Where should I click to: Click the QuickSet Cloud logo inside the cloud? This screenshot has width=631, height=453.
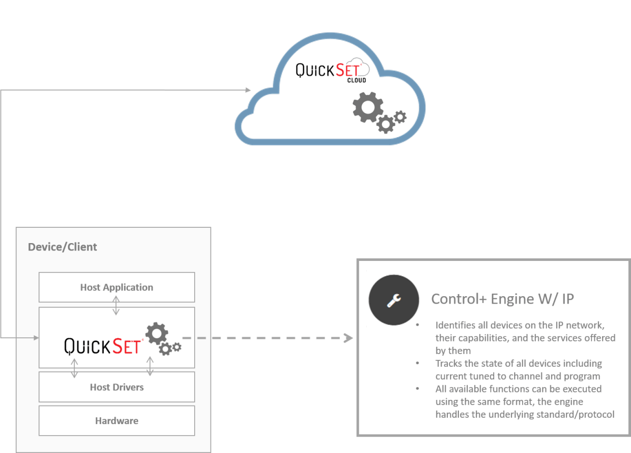click(x=332, y=70)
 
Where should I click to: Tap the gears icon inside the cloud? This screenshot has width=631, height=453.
click(x=379, y=112)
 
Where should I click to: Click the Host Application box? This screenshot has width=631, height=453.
click(x=117, y=287)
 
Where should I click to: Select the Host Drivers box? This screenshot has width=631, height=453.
click(x=117, y=387)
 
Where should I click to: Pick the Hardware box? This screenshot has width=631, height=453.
click(x=117, y=421)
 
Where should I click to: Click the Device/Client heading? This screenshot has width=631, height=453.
click(x=63, y=247)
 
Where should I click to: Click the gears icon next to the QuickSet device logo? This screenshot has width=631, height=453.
click(x=163, y=339)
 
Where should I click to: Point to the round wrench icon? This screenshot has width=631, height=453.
click(x=394, y=298)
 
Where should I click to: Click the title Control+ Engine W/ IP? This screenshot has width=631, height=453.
click(x=503, y=299)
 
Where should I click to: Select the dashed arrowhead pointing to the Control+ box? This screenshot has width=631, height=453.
click(x=348, y=338)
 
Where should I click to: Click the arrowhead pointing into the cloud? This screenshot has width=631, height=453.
click(x=248, y=90)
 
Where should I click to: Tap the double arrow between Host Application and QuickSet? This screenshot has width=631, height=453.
click(x=116, y=305)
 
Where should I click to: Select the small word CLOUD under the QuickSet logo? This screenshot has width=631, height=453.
click(x=357, y=80)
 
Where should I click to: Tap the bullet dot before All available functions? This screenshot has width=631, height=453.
click(x=418, y=389)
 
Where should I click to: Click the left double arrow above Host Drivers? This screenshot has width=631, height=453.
click(x=74, y=368)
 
